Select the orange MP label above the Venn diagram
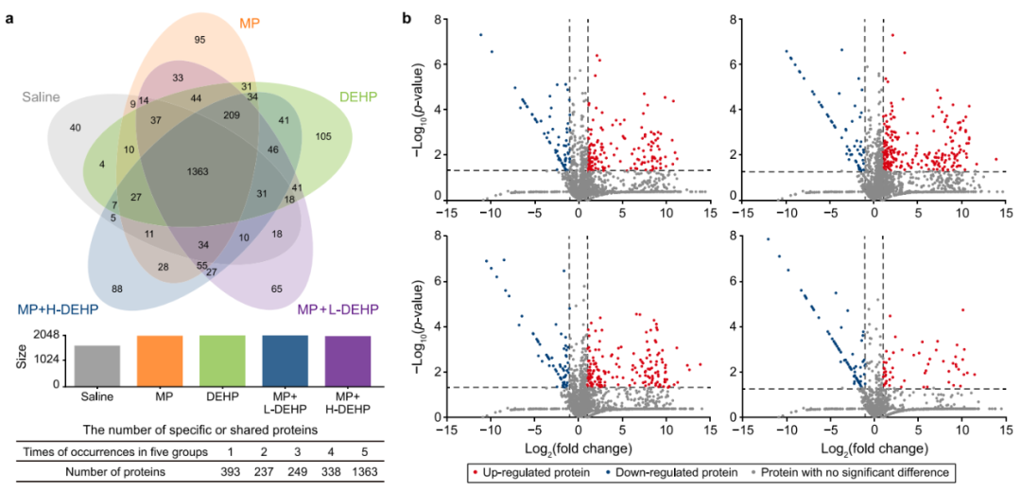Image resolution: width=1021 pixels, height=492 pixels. click(x=223, y=22)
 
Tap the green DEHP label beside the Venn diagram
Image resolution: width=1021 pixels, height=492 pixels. click(x=357, y=97)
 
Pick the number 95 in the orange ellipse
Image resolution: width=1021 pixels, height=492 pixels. click(x=199, y=40)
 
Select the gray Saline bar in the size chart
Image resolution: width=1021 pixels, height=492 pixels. click(x=98, y=365)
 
